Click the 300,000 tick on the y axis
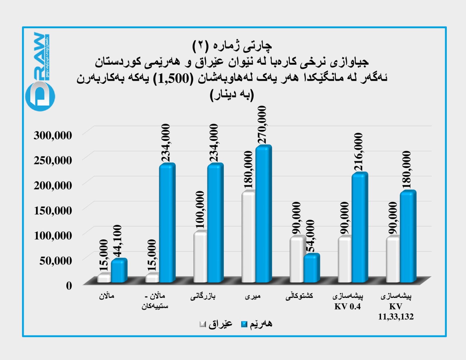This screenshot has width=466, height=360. [x=53, y=135]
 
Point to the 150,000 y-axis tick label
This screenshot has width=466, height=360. [x=53, y=210]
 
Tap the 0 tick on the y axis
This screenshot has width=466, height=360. [x=69, y=285]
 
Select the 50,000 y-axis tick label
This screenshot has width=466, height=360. [x=55, y=260]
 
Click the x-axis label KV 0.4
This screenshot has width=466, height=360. [x=347, y=306]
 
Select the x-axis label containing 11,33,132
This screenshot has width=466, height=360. [x=396, y=317]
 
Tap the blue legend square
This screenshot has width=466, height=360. [x=244, y=324]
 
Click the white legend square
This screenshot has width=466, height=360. [x=203, y=324]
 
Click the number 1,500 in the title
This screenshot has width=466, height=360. [x=174, y=79]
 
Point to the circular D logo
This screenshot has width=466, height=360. [x=40, y=96]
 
